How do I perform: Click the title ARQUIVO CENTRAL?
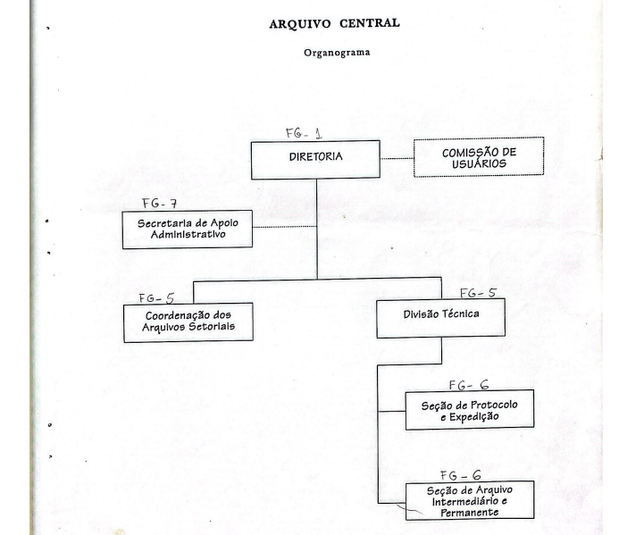(x=334, y=23)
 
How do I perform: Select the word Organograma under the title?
(x=337, y=53)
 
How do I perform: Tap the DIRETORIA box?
(x=315, y=160)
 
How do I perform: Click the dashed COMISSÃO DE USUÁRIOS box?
(x=479, y=157)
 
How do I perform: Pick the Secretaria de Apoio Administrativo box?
(x=188, y=230)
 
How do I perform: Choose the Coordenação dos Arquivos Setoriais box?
(x=188, y=322)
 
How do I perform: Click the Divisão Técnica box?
(x=440, y=318)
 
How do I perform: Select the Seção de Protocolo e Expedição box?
(x=470, y=410)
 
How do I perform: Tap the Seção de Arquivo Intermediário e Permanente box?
(x=470, y=500)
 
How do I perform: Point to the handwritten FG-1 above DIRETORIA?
(x=304, y=133)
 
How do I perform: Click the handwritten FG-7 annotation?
(x=160, y=204)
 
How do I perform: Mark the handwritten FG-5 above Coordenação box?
(x=156, y=298)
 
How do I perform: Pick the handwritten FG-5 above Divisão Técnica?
(x=479, y=293)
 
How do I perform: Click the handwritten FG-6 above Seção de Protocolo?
(x=469, y=385)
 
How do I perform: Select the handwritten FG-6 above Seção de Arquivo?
(x=460, y=475)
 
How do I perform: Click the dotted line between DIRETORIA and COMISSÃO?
(x=397, y=158)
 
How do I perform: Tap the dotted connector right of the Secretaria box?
(x=285, y=227)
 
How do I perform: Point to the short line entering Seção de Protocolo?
(x=391, y=411)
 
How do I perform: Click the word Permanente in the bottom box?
(x=470, y=513)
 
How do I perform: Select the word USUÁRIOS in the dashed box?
(x=479, y=163)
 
